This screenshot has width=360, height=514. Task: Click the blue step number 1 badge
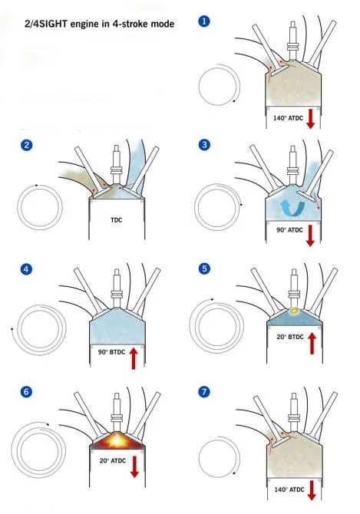click(203, 21)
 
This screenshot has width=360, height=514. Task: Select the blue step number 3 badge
click(203, 146)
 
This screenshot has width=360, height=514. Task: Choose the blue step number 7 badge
click(203, 393)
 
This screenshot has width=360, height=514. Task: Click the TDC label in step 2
click(117, 219)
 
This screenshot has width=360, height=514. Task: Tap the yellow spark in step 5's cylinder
click(292, 311)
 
